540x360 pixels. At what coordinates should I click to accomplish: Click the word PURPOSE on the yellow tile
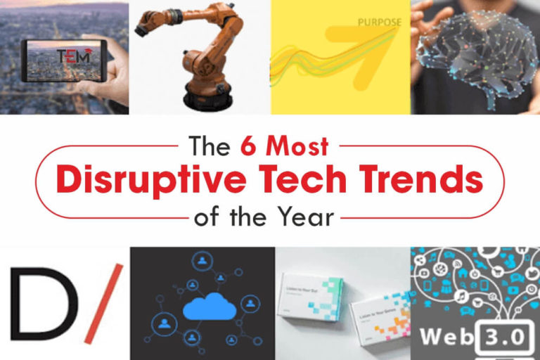click(380, 22)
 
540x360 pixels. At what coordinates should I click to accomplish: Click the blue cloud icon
click(203, 308)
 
